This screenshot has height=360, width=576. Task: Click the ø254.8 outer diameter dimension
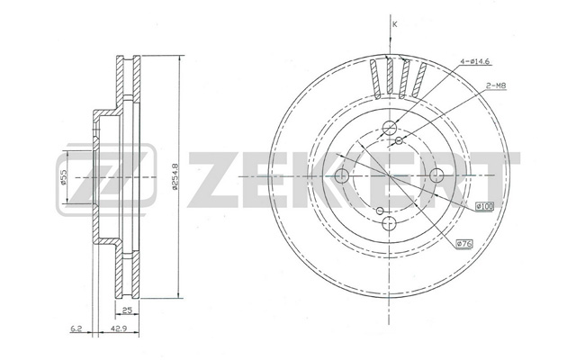point(175,176)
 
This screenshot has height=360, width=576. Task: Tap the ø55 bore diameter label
point(63,177)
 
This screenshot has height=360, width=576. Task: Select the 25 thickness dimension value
point(127,310)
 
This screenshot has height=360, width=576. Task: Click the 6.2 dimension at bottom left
point(76,328)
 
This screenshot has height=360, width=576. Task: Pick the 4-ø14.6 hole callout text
point(475,62)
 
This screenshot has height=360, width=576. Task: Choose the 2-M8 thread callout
point(496,86)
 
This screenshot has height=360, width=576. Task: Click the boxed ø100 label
point(484,206)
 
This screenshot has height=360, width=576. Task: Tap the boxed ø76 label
point(464,244)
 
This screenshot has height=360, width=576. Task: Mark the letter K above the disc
point(395,24)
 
